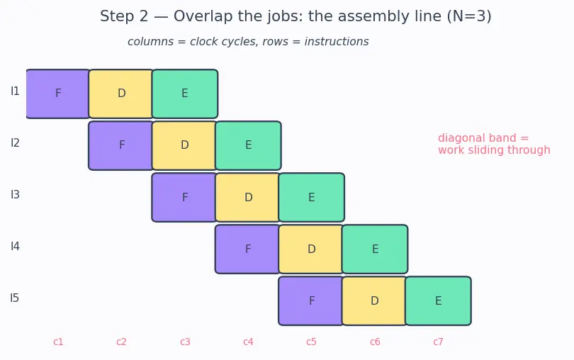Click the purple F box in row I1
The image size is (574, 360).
coord(58,94)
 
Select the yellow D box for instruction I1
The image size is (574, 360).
coord(121,94)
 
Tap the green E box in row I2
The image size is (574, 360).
coord(248,145)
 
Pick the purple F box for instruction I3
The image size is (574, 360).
coord(184,198)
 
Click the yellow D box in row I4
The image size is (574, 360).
coord(311,249)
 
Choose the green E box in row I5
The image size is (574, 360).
coord(438,300)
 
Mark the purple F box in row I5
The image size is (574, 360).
coord(311,300)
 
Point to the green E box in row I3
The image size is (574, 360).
coord(312,198)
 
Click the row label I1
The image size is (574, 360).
coord(15,91)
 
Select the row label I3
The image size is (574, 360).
coord(15,194)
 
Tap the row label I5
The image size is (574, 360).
coord(15,298)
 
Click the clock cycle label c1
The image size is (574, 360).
coord(58,342)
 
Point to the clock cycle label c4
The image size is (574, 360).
coord(248,342)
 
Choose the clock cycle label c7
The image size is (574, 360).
coord(438,342)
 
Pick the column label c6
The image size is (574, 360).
coord(375,342)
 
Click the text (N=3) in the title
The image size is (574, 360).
coord(469,16)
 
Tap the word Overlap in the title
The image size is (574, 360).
coord(203,16)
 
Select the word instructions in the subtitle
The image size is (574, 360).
coord(337,42)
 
